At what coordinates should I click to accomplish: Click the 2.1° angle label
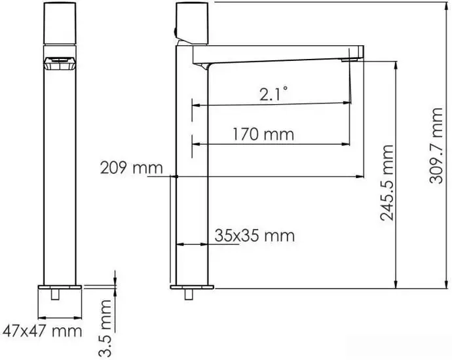tap(273, 95)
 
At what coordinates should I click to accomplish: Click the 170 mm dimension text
tap(263, 135)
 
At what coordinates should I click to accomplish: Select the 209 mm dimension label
tap(131, 168)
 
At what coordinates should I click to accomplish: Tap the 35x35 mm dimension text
tap(254, 235)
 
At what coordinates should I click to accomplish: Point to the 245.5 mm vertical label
tap(388, 183)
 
